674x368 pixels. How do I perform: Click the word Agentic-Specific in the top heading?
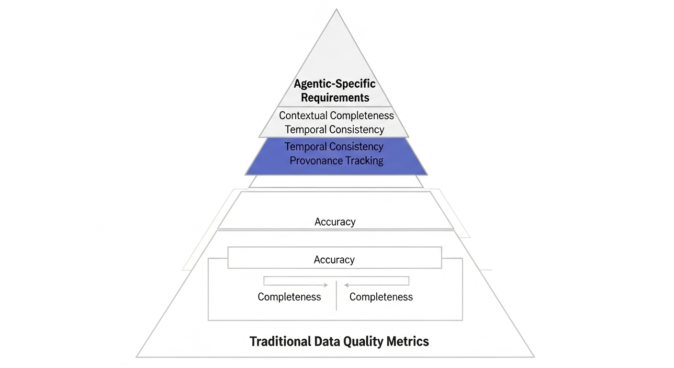click(x=335, y=84)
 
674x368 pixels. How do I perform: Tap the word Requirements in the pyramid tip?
click(x=335, y=98)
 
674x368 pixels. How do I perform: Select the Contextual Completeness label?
click(x=336, y=115)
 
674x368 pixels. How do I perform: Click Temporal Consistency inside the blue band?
click(x=334, y=146)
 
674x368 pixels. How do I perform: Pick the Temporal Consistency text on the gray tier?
click(x=334, y=129)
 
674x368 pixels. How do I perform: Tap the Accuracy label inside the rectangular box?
click(x=334, y=260)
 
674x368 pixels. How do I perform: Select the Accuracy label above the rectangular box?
click(x=335, y=222)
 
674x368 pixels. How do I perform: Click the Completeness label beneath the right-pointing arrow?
click(x=289, y=297)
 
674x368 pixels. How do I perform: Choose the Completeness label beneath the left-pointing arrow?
click(x=381, y=297)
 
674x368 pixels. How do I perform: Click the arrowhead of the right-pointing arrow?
click(x=326, y=285)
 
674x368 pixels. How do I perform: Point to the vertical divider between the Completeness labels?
click(x=337, y=295)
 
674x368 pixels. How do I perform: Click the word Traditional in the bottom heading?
click(x=280, y=342)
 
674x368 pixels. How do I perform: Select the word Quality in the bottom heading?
click(x=362, y=342)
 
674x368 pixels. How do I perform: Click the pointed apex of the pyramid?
click(x=337, y=10)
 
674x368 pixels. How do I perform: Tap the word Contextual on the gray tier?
click(x=303, y=115)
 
